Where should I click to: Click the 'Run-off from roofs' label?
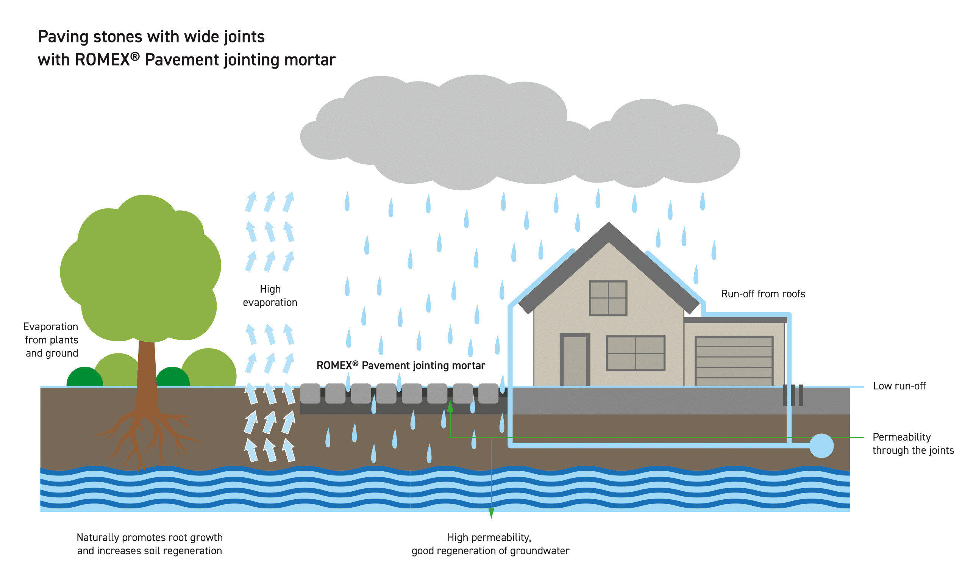point(763,294)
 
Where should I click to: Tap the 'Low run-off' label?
point(899,386)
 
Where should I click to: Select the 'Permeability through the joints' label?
point(913,444)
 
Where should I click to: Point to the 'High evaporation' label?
point(270,296)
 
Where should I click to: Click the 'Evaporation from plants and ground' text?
point(51,340)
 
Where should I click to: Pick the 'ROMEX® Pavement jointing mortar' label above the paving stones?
point(401,365)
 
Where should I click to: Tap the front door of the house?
point(575,360)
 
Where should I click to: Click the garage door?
point(734,361)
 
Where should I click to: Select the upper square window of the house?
point(608,298)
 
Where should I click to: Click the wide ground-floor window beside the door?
point(636,353)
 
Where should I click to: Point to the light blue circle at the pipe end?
point(821,445)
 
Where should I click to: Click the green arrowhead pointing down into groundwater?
point(491,513)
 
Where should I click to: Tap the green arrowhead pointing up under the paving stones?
point(450,406)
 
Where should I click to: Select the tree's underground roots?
point(147,440)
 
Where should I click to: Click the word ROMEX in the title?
point(102,60)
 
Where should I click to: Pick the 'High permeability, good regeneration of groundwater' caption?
point(490,544)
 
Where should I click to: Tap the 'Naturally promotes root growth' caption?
point(150,538)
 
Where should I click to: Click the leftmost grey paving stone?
point(310,394)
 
